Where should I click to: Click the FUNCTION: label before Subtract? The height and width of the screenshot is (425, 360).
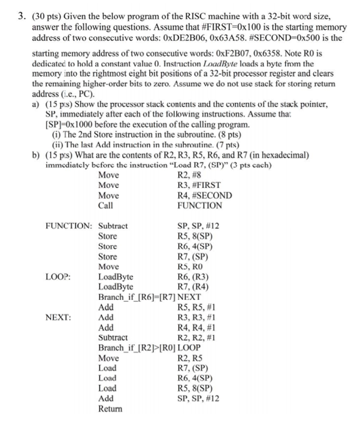click(69, 226)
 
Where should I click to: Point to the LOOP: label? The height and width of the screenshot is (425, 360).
click(58, 277)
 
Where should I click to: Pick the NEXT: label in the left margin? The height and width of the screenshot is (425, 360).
click(58, 317)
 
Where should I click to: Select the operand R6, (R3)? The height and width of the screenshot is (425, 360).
click(193, 277)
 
